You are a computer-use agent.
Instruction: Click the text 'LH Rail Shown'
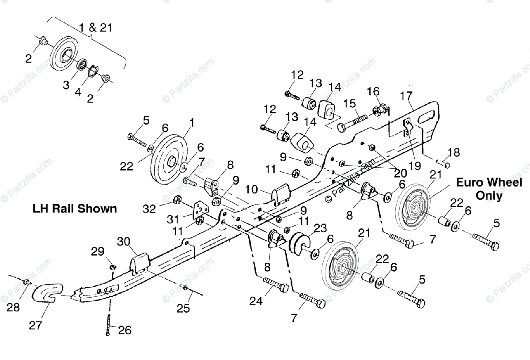point(75,208)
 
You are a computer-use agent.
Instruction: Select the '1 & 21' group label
point(95,27)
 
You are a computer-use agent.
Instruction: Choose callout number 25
point(183,308)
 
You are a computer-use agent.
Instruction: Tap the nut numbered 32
point(177,200)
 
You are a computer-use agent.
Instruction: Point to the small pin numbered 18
point(447,165)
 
